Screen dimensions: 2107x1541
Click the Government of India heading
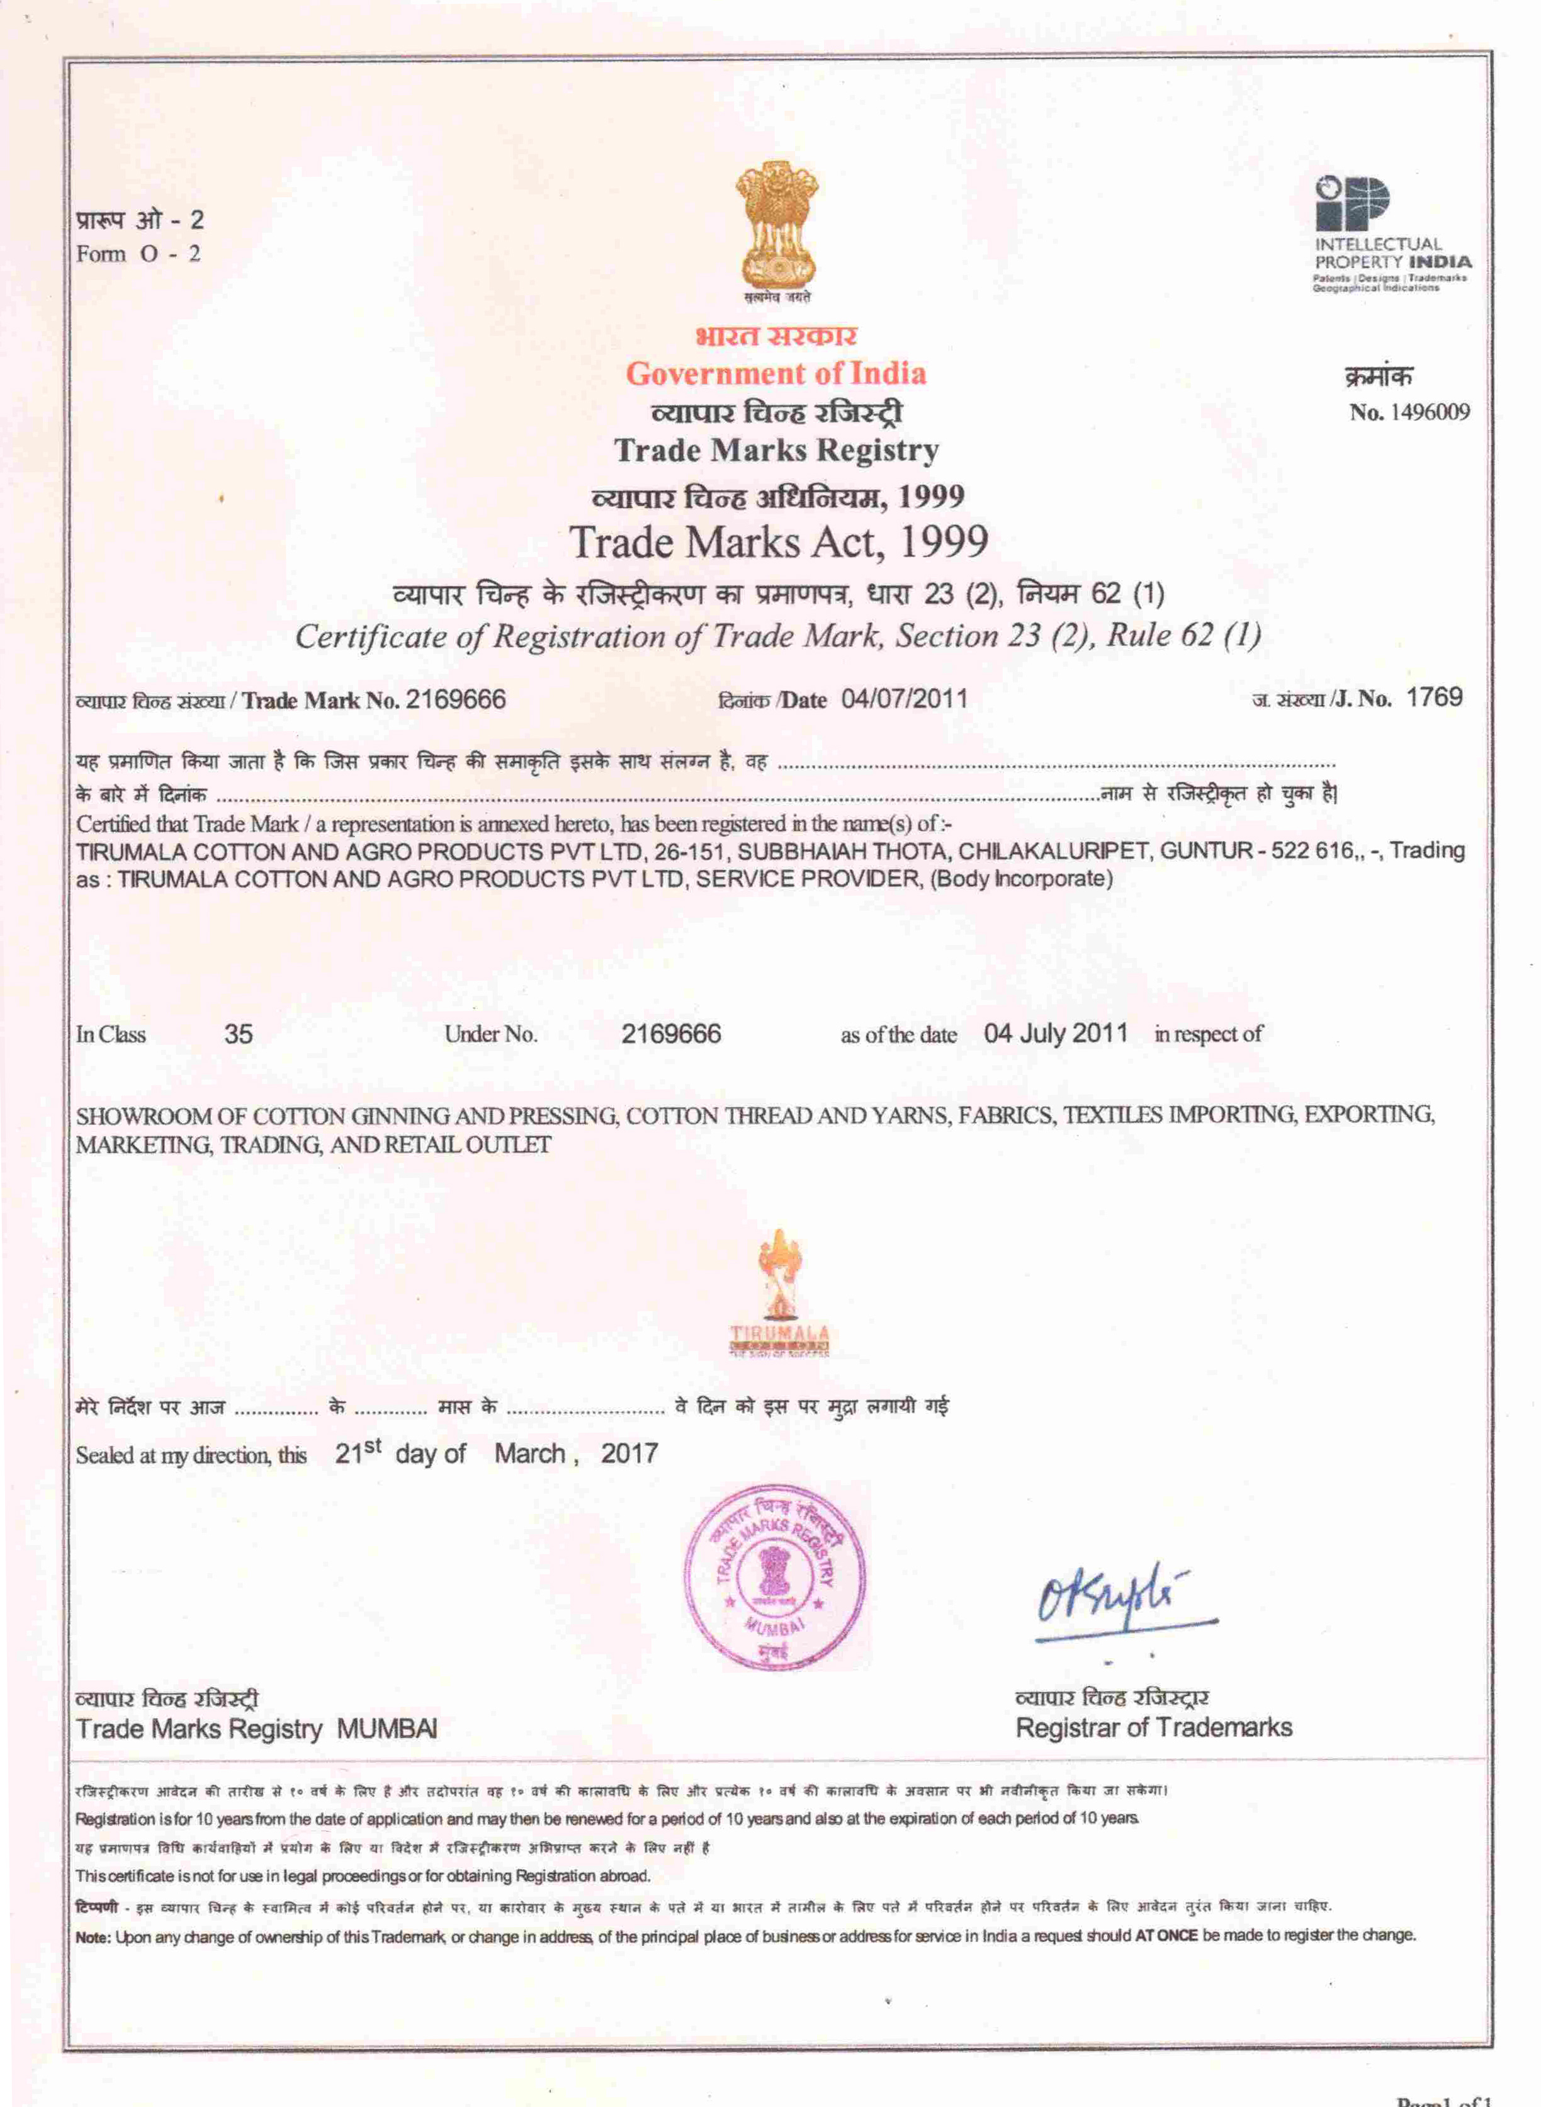pos(776,374)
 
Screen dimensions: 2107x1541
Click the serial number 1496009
pos(1429,412)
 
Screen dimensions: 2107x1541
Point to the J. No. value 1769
pos(1434,697)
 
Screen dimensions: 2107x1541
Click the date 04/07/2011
pos(904,699)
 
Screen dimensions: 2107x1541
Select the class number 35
pos(238,1034)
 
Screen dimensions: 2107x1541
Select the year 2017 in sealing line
pos(629,1453)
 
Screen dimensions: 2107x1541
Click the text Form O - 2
pos(138,254)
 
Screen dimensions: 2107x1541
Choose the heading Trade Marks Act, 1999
pos(778,542)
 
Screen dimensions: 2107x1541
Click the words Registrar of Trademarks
pos(1153,1727)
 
